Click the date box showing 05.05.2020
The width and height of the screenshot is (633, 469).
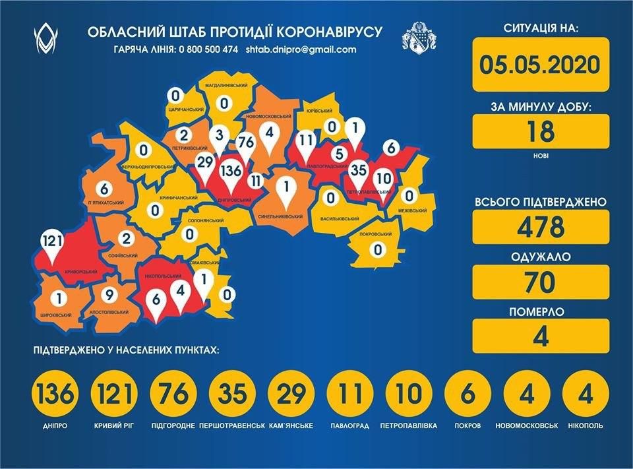coord(539,65)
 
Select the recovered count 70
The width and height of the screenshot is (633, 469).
coord(539,281)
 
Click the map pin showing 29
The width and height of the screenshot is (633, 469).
coord(204,164)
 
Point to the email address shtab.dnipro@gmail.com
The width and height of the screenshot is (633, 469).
coord(301,49)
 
